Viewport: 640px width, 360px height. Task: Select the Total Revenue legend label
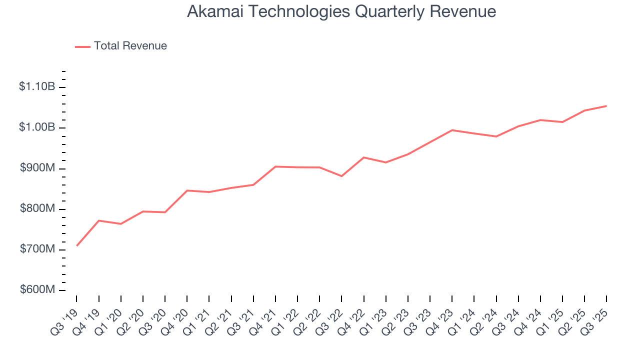130,46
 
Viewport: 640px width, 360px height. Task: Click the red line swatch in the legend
82,46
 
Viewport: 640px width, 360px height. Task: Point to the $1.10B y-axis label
37,87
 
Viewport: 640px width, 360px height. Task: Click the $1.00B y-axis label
37,127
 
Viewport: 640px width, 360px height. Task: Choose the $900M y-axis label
37,168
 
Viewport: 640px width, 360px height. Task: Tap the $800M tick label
37,209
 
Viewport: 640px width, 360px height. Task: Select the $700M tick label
37,249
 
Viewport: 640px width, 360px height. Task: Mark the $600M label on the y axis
37,290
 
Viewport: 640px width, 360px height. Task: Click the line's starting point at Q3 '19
77,245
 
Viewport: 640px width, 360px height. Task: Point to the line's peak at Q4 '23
452,130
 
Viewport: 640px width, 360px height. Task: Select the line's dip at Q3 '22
341,176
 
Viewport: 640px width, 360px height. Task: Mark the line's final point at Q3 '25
606,106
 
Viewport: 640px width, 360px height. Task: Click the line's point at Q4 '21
275,166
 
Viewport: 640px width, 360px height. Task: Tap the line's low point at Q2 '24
496,136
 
